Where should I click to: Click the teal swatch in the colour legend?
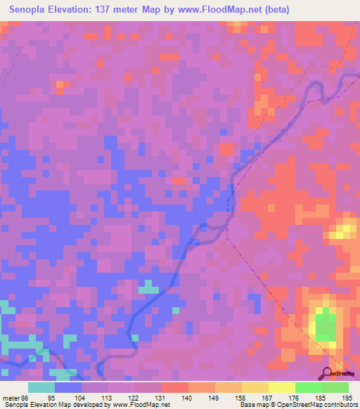point(41,387)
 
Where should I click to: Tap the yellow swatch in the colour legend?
point(282,387)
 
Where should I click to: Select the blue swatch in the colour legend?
point(68,387)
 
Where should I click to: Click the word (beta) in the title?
point(272,11)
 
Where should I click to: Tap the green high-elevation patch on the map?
point(325,327)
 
